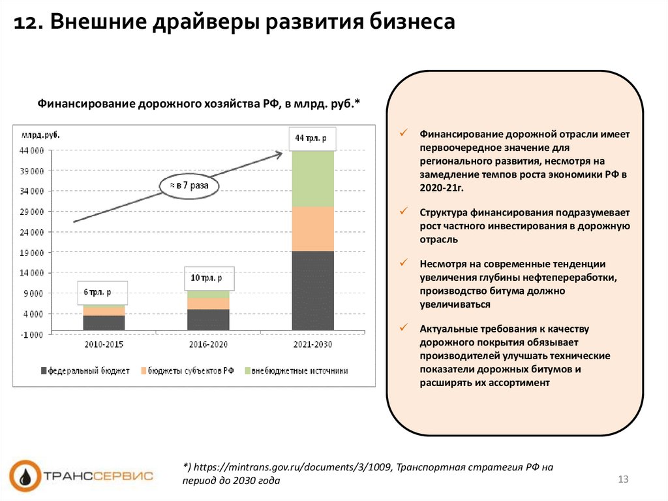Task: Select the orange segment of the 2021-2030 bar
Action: (312, 229)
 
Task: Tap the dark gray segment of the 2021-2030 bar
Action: (312, 289)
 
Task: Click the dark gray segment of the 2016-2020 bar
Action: (208, 319)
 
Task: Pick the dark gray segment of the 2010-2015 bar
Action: (104, 322)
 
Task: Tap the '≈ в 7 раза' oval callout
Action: (189, 186)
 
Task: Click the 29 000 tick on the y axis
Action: (31, 212)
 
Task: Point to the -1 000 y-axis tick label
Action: (31, 334)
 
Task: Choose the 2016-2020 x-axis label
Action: (208, 345)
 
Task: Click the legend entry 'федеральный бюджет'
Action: (85, 370)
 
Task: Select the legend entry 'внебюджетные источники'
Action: (297, 370)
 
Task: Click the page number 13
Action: (622, 480)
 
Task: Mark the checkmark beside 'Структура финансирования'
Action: (404, 212)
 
